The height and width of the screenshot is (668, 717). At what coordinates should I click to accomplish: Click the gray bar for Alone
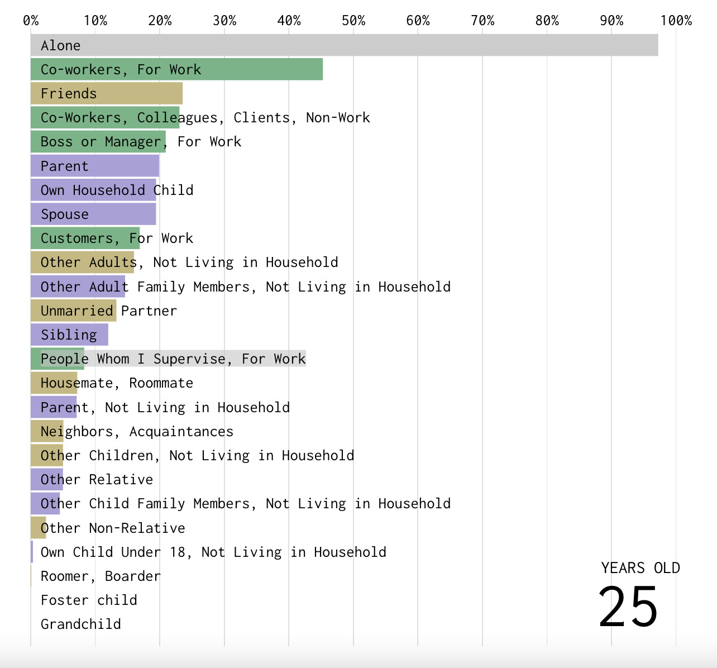344,45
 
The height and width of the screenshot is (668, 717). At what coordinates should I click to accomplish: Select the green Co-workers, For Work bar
176,69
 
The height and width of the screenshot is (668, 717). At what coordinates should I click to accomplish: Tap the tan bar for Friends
106,93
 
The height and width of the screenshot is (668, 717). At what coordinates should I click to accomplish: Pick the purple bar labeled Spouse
93,214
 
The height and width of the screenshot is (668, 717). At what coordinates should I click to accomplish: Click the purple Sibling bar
69,335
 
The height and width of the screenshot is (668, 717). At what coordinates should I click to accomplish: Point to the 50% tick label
353,21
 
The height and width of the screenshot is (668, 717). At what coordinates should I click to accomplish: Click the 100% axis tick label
676,21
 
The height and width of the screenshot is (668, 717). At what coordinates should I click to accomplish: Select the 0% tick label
31,21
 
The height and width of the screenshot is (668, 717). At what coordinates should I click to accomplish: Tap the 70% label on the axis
482,21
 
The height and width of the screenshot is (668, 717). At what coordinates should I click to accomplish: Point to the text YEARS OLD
640,568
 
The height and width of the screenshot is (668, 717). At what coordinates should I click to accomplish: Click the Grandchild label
81,624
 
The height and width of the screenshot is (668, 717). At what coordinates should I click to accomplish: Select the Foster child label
89,600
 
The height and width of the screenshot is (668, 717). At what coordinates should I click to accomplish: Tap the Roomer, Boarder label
101,576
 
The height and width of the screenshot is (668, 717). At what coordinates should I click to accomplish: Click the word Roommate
161,383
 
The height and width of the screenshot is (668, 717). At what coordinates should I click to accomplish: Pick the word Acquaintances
181,431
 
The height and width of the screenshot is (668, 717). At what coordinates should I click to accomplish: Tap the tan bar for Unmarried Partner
73,311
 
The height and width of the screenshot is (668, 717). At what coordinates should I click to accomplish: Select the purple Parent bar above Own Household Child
95,166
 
